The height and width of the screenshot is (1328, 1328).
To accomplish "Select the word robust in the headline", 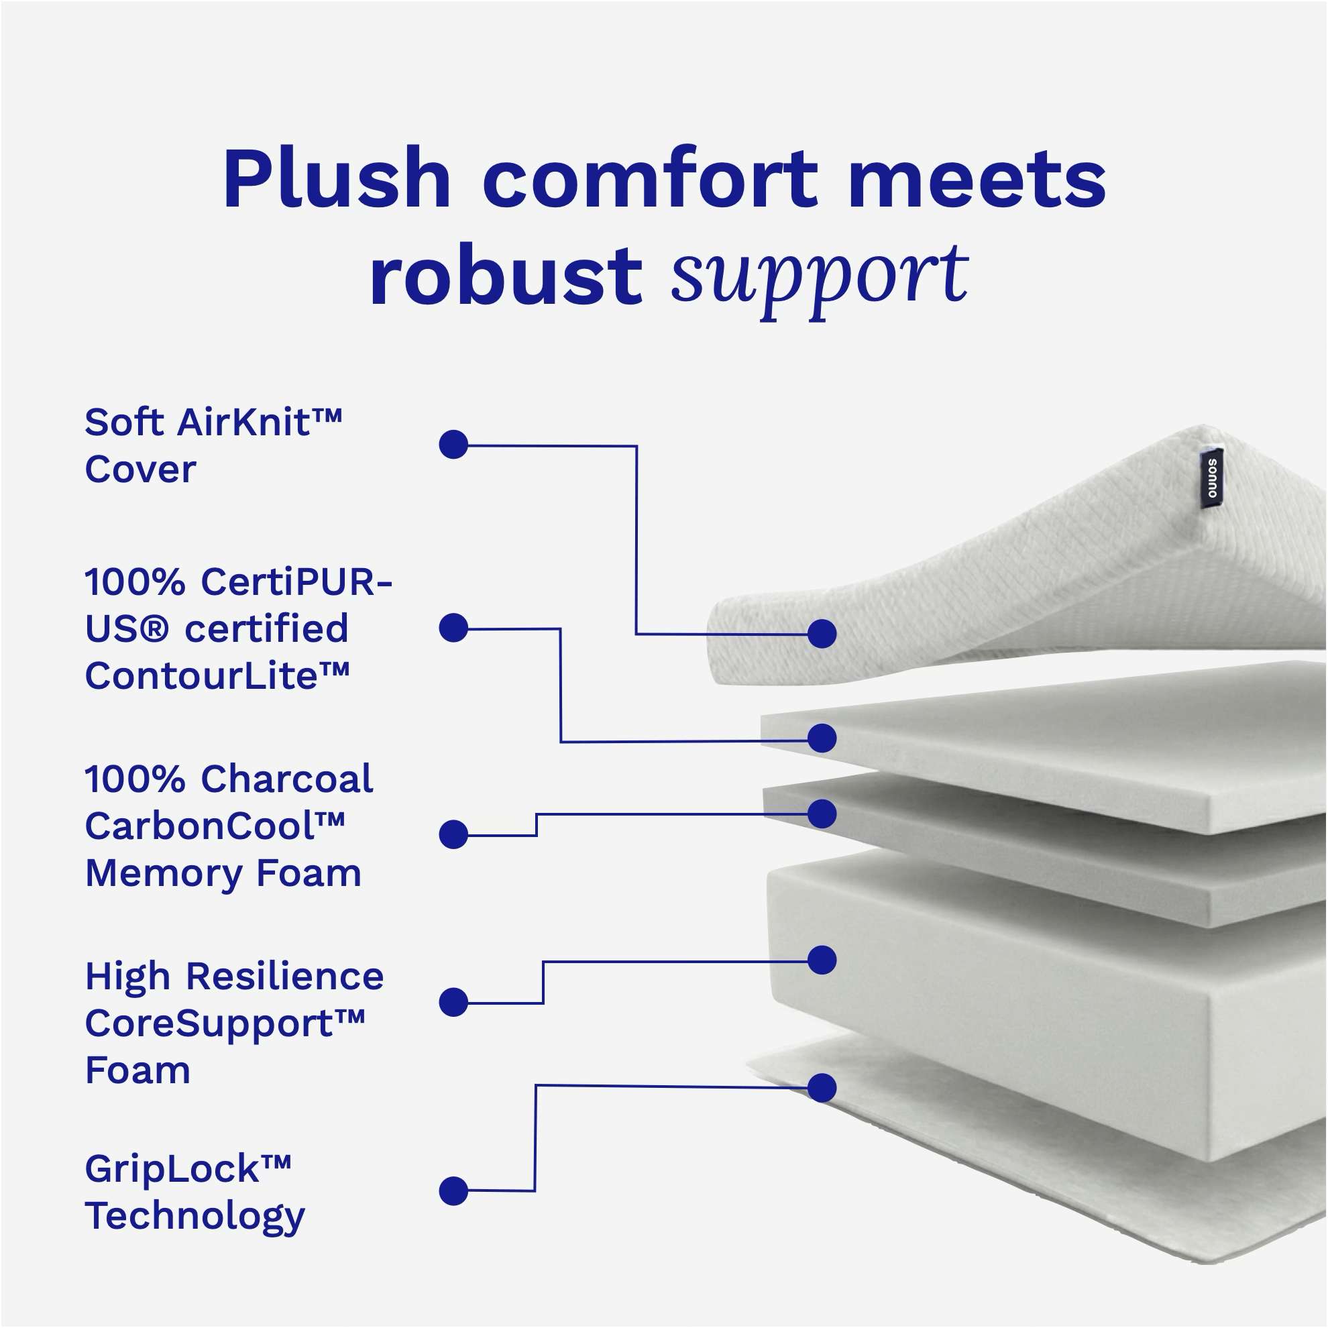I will pos(505,277).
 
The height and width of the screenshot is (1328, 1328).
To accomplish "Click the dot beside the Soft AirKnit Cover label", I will pos(453,445).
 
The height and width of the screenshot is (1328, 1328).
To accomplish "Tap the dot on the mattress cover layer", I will pos(822,633).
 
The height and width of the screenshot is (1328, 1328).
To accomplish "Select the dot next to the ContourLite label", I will pos(453,628).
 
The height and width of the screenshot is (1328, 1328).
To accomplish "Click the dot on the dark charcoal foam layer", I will pos(822,813).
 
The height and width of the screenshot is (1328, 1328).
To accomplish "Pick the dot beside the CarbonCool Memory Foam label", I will pos(453,834).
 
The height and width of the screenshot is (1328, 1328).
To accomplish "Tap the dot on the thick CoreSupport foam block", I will pos(822,960).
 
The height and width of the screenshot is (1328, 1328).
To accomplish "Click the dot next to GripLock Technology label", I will pos(453,1191).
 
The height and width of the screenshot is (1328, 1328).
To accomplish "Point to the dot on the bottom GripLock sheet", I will pos(822,1087).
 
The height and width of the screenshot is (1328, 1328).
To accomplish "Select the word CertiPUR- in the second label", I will pos(296,582).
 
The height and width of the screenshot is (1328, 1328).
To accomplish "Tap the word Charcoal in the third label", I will pos(286,779).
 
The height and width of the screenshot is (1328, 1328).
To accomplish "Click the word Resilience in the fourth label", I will pos(284,976).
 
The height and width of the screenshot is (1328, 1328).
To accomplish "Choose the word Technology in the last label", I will pos(195,1216).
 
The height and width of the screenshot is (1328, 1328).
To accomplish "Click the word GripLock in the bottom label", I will pos(188,1168).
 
